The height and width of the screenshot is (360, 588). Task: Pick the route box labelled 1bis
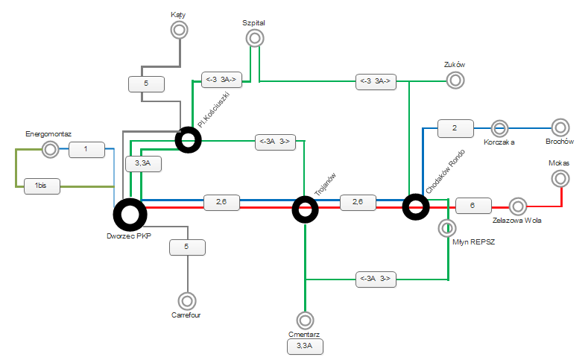tap(42, 186)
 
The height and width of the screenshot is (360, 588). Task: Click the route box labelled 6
tap(473, 206)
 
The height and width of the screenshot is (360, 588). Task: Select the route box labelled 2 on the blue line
tap(455, 129)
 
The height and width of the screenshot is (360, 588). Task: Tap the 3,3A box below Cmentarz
tap(306, 347)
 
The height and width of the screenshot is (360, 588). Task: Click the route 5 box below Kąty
tap(146, 84)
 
